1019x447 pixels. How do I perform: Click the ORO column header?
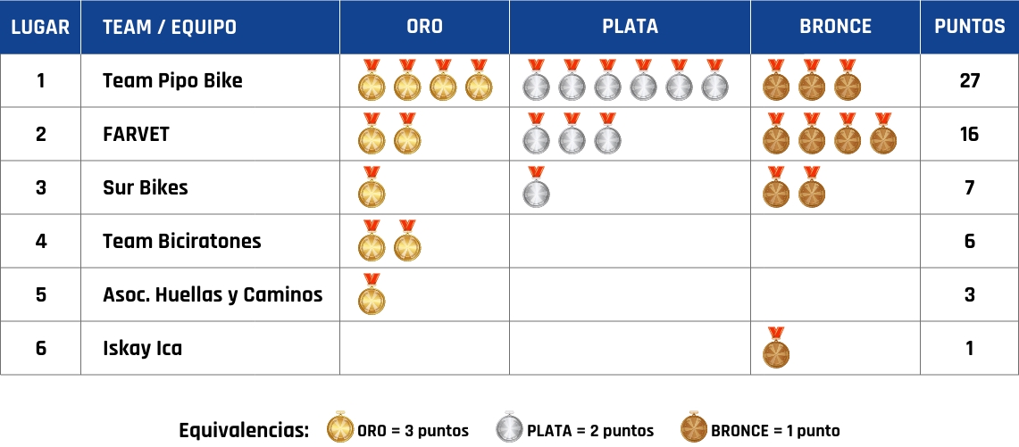pyautogui.click(x=424, y=27)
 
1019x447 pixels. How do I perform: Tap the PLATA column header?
pyautogui.click(x=630, y=27)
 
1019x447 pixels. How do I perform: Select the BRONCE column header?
pyautogui.click(x=835, y=27)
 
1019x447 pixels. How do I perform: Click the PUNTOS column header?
pyautogui.click(x=969, y=27)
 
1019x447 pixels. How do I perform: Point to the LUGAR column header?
pyautogui.click(x=40, y=27)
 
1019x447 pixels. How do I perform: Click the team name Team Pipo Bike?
pyautogui.click(x=172, y=80)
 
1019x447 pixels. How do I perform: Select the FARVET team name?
pyautogui.click(x=136, y=134)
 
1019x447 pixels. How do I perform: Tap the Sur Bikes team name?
pyautogui.click(x=146, y=187)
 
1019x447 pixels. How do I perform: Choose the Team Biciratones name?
pyautogui.click(x=182, y=241)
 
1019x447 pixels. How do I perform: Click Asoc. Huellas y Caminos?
pyautogui.click(x=213, y=294)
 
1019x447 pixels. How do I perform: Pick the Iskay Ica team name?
pyautogui.click(x=142, y=348)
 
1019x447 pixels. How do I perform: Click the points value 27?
pyautogui.click(x=969, y=80)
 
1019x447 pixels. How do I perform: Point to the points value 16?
pyautogui.click(x=969, y=134)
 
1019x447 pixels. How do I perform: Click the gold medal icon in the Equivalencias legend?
pyautogui.click(x=340, y=428)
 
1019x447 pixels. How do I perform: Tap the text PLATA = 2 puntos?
pyautogui.click(x=590, y=431)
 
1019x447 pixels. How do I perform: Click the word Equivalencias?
pyautogui.click(x=244, y=430)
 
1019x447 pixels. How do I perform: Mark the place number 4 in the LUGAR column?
pyautogui.click(x=40, y=241)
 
